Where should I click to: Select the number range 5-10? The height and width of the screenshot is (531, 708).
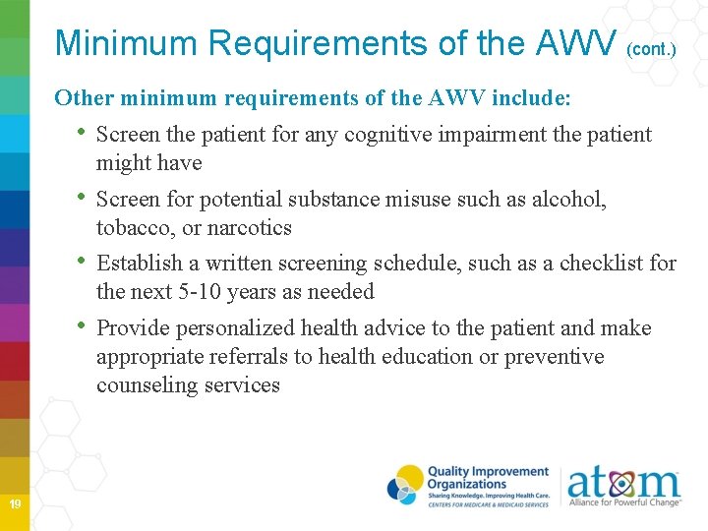pyautogui.click(x=199, y=292)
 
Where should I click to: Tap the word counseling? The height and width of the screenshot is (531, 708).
pyautogui.click(x=144, y=385)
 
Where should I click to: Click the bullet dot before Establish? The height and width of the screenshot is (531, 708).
pyautogui.click(x=83, y=262)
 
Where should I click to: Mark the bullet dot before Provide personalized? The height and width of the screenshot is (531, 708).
pyautogui.click(x=83, y=326)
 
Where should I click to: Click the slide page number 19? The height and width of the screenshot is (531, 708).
pyautogui.click(x=15, y=504)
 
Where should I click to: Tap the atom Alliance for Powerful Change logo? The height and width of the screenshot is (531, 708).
pyautogui.click(x=623, y=487)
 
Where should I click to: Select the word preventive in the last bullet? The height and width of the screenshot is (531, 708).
pyautogui.click(x=554, y=357)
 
